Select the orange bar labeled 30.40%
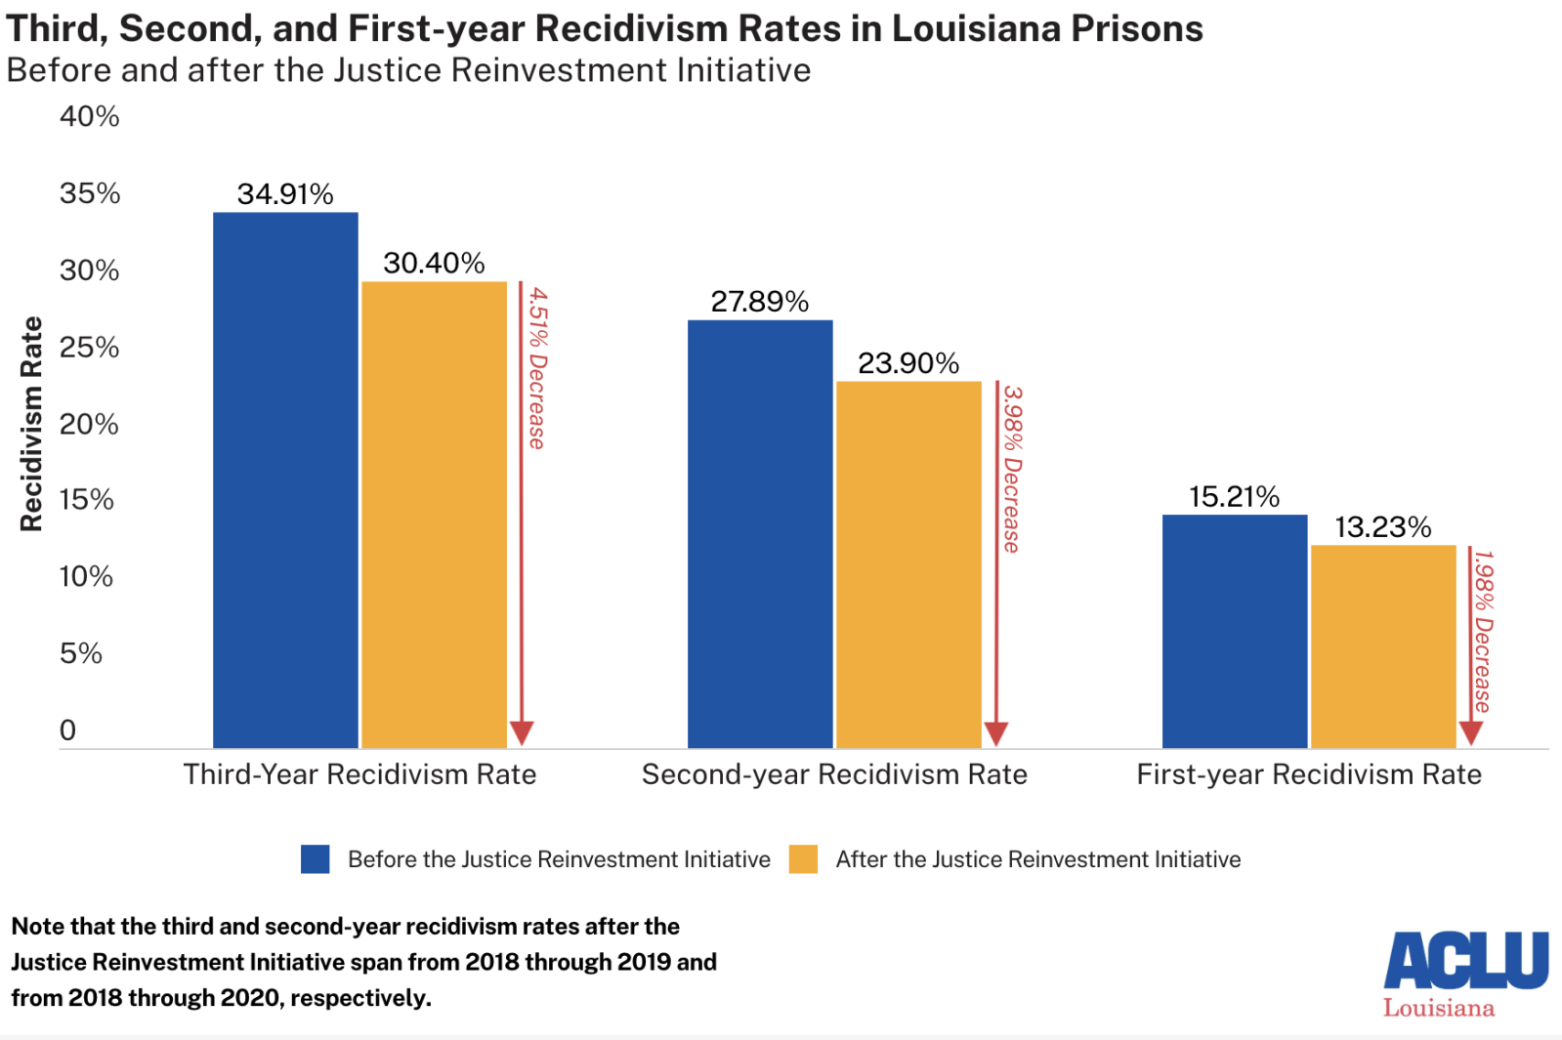tap(434, 515)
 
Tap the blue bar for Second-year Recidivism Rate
tap(760, 534)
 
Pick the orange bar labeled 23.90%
tap(908, 564)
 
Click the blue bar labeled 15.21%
tap(1235, 631)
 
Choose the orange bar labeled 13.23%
tap(1383, 646)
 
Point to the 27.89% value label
tap(760, 302)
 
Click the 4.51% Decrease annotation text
tap(537, 368)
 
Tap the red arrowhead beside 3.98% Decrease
tap(996, 733)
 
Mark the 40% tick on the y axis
tap(89, 117)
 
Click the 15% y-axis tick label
tap(86, 500)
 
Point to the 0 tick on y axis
tap(67, 730)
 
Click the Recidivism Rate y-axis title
tap(32, 424)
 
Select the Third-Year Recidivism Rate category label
tap(359, 774)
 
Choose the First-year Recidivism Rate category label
tap(1309, 774)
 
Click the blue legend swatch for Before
tap(316, 859)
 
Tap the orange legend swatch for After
tap(803, 859)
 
